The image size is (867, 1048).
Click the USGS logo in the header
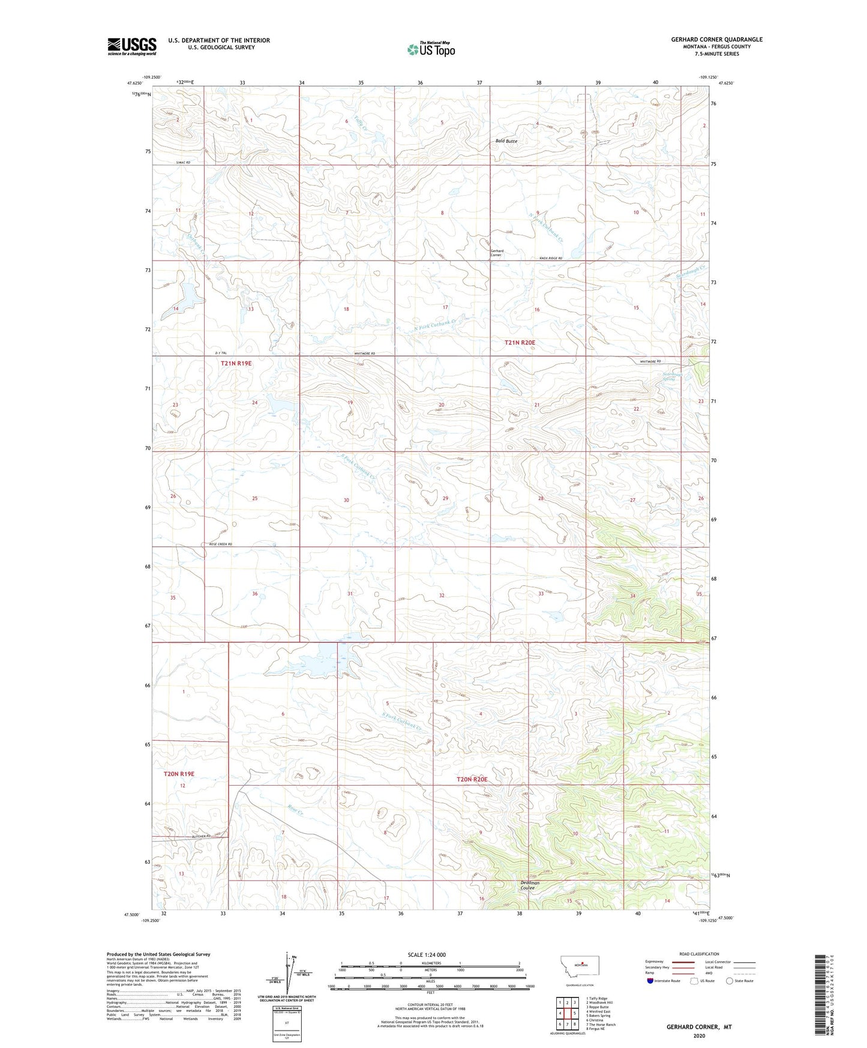(x=131, y=46)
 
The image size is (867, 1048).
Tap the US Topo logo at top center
(x=430, y=49)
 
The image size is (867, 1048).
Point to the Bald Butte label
(x=506, y=141)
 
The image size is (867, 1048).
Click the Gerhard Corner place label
(x=496, y=253)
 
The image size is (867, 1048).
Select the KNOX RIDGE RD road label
(x=550, y=258)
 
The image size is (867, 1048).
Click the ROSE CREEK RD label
(x=220, y=544)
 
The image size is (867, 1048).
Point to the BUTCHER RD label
(x=202, y=836)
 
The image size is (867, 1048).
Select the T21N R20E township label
(x=519, y=342)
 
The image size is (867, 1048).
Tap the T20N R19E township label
(x=179, y=774)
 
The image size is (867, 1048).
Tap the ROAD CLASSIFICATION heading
(x=699, y=954)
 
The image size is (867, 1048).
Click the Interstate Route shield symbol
(x=651, y=981)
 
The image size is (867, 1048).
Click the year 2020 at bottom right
(x=698, y=1035)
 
